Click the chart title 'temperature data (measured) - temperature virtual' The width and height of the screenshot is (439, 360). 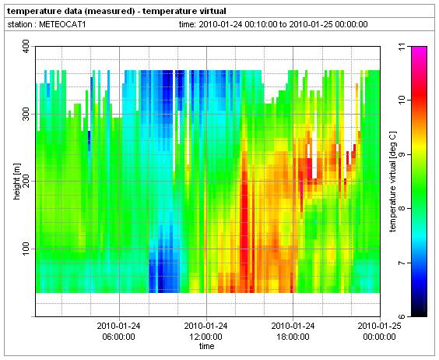tap(117, 11)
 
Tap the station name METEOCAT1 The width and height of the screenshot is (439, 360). tap(62, 24)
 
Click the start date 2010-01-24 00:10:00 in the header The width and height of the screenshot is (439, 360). tap(237, 24)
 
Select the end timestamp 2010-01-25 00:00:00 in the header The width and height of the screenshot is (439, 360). tap(328, 24)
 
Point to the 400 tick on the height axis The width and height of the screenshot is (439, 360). tap(26, 46)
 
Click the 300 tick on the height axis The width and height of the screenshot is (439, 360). tap(26, 114)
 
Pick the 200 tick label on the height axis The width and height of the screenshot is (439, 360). tap(26, 181)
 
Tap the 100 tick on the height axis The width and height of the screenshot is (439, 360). tap(26, 249)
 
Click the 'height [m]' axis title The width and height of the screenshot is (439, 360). tap(17, 182)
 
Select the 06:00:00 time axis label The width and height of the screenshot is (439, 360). tap(119, 337)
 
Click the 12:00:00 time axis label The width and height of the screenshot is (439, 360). tap(205, 337)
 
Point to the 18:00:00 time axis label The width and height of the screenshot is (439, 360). tap(293, 337)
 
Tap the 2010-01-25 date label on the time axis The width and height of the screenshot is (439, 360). tap(379, 326)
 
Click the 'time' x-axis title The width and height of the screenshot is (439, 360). tap(206, 346)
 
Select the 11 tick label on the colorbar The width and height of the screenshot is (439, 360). tap(402, 46)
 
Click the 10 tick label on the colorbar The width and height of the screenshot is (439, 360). tap(402, 100)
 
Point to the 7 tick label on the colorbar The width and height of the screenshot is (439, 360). tap(402, 263)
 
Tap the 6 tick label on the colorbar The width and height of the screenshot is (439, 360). tap(402, 316)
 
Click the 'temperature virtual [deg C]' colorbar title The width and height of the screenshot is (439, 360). tap(393, 182)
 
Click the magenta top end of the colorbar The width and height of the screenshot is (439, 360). tap(419, 48)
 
